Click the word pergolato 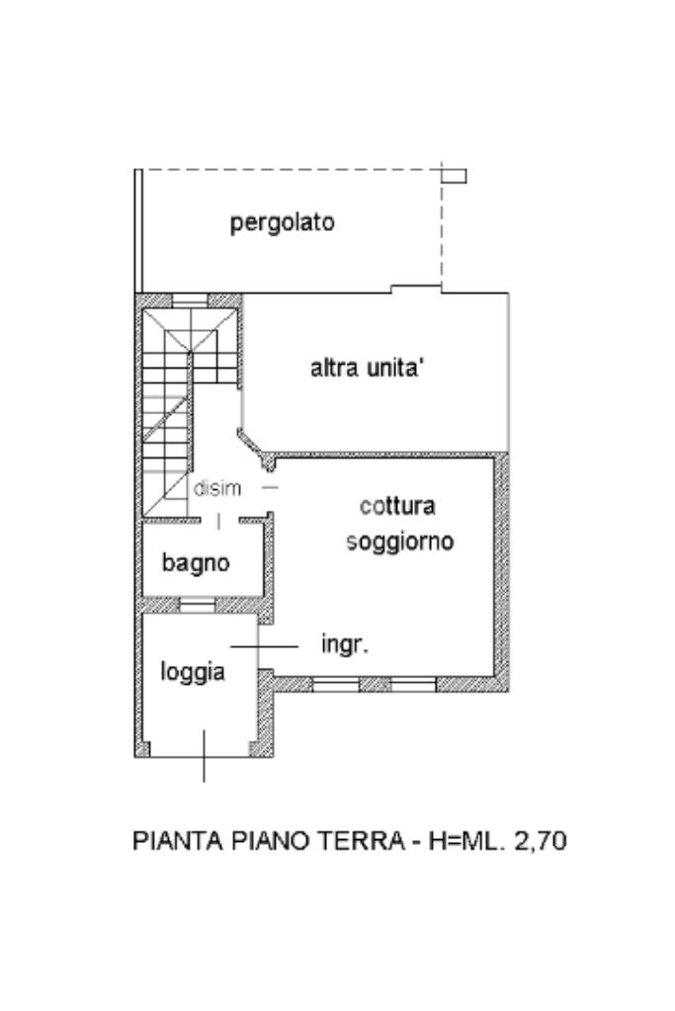pos(283,223)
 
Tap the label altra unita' pos(368,370)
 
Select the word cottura pos(397,507)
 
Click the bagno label pos(196,563)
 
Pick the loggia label pos(193,672)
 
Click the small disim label pos(217,488)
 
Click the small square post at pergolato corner pos(453,176)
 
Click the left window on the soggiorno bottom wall pos(335,683)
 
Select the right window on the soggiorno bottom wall pos(413,683)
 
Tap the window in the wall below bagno pos(196,604)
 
